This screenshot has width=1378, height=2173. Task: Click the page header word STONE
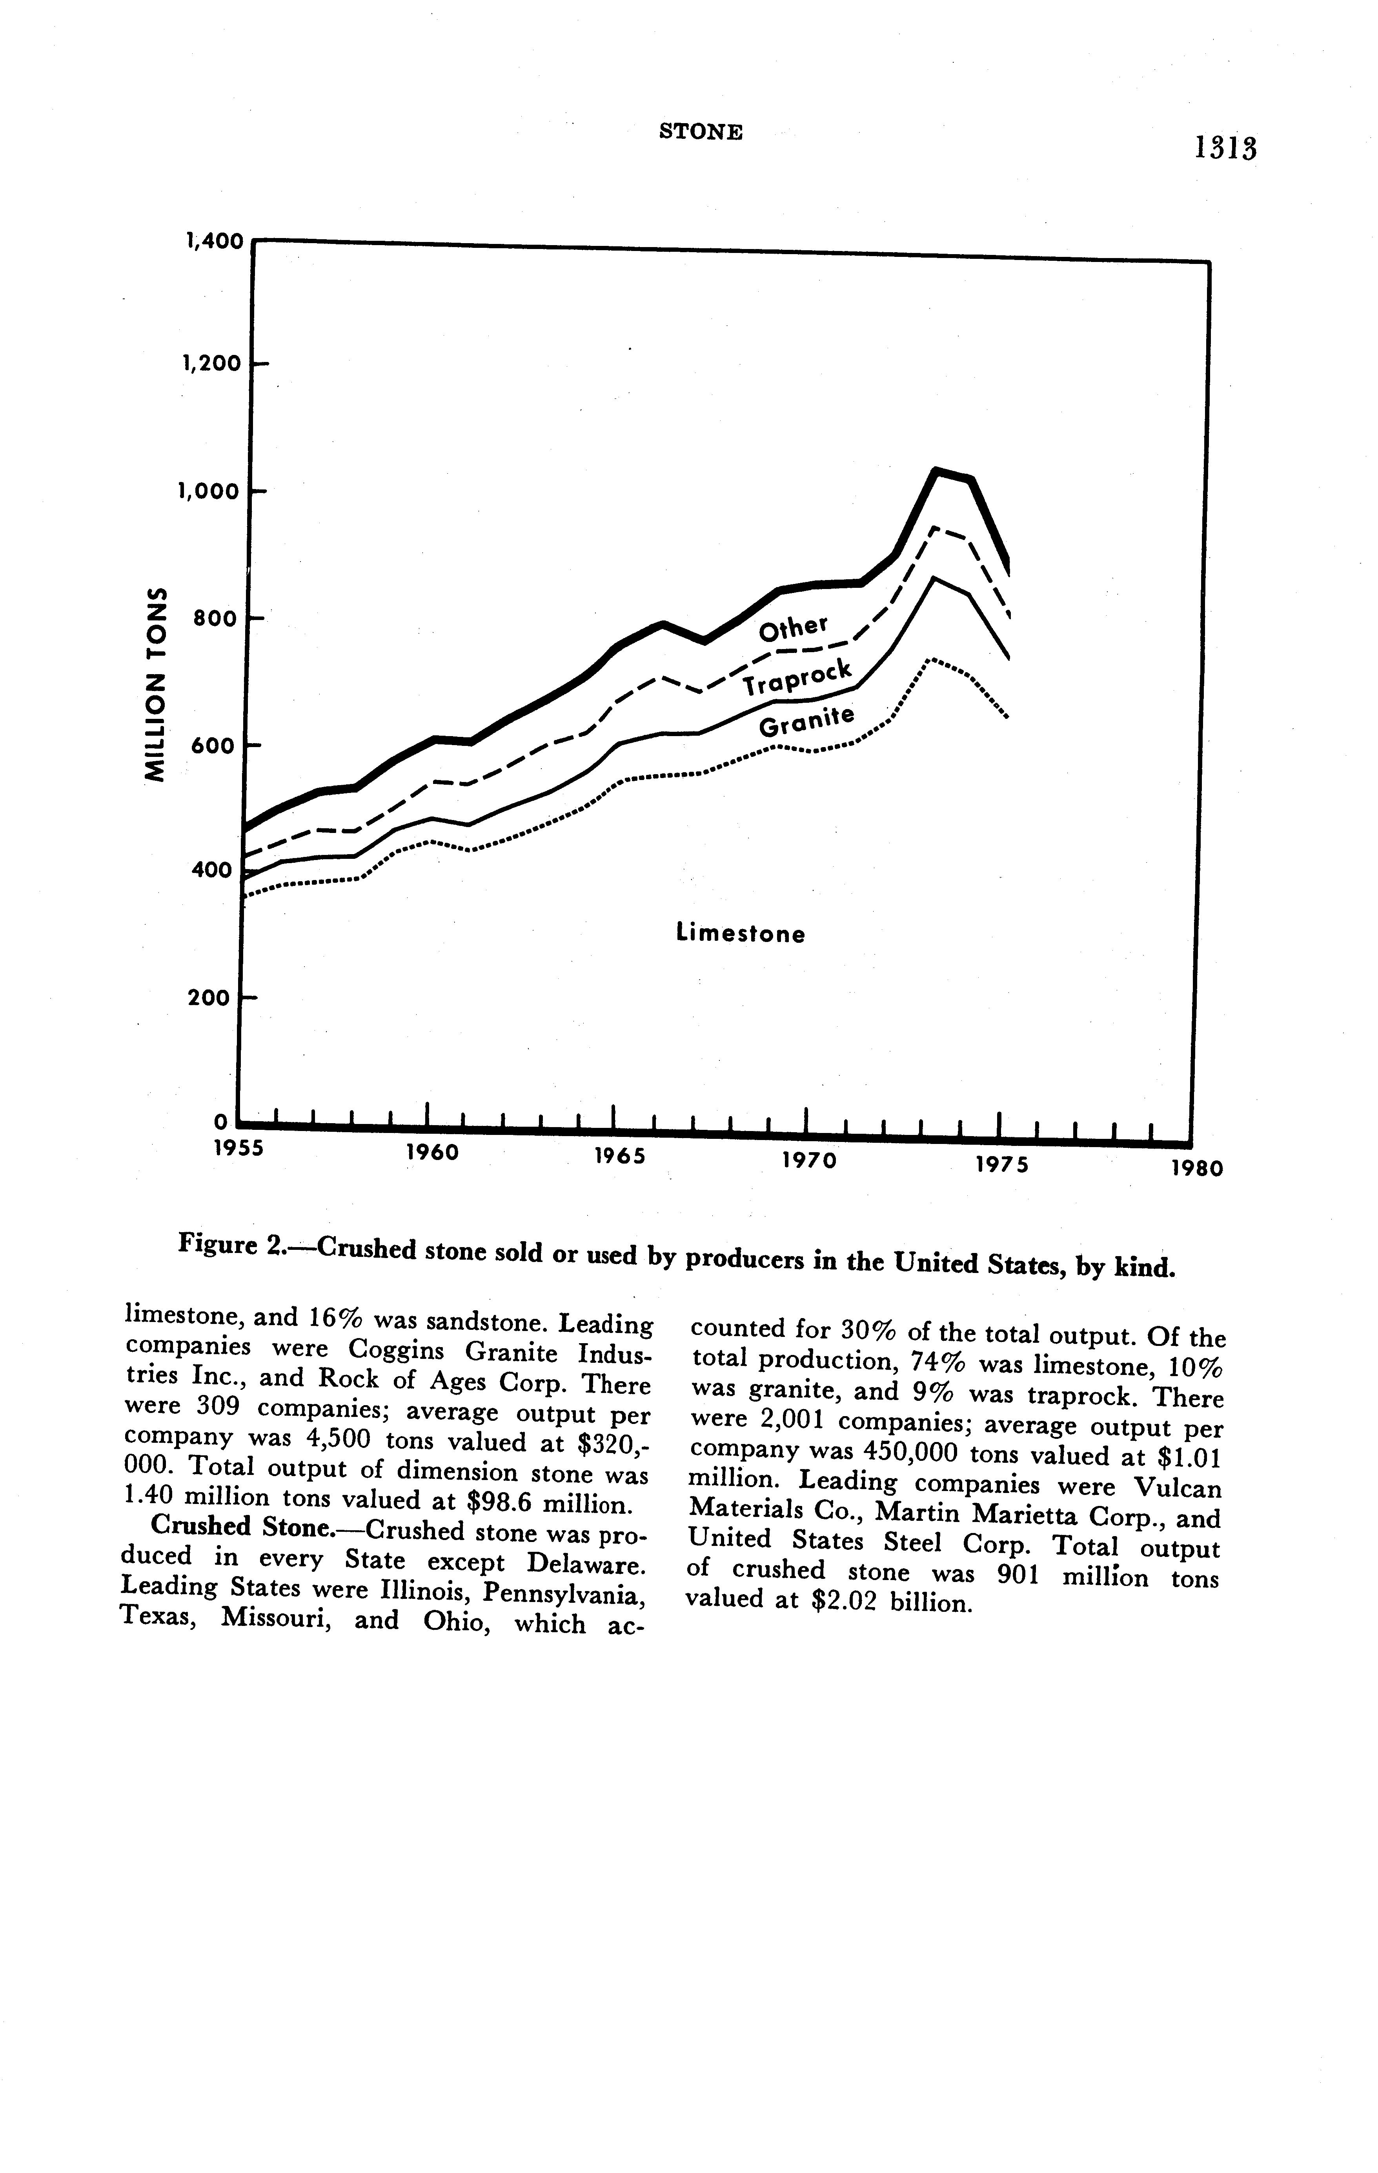tap(701, 132)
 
